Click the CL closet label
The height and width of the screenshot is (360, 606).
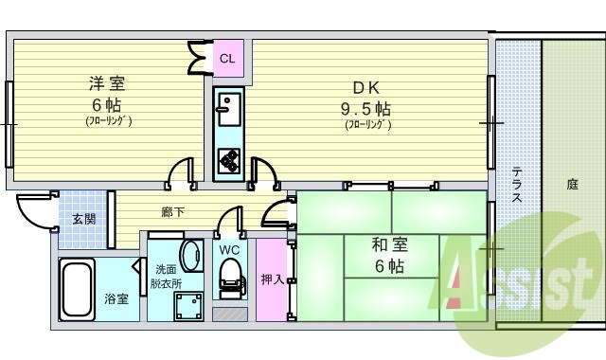pyautogui.click(x=227, y=59)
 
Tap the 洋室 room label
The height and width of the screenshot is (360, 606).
pyautogui.click(x=107, y=84)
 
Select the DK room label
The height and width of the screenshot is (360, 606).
pyautogui.click(x=366, y=88)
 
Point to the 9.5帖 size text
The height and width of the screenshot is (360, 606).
pyautogui.click(x=365, y=109)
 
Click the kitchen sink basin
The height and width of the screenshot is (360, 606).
pyautogui.click(x=229, y=110)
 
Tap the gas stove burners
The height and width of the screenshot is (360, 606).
pyautogui.click(x=229, y=160)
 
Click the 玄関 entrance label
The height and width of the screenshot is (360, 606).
pyautogui.click(x=84, y=219)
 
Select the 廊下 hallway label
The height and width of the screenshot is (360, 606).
pyautogui.click(x=172, y=212)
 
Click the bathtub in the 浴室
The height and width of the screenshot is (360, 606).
pyautogui.click(x=78, y=289)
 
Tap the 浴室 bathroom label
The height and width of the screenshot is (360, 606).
pyautogui.click(x=116, y=298)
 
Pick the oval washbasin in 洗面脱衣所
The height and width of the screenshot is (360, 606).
pyautogui.click(x=192, y=256)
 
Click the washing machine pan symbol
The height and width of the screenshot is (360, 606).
pyautogui.click(x=188, y=307)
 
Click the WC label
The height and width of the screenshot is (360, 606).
pyautogui.click(x=229, y=250)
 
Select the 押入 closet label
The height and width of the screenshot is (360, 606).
pyautogui.click(x=273, y=279)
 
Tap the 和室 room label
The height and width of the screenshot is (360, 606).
pyautogui.click(x=389, y=244)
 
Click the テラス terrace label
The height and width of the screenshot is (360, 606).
pyautogui.click(x=517, y=184)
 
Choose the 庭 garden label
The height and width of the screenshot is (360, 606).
pyautogui.click(x=572, y=185)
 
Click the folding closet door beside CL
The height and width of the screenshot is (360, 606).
pyautogui.click(x=200, y=58)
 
